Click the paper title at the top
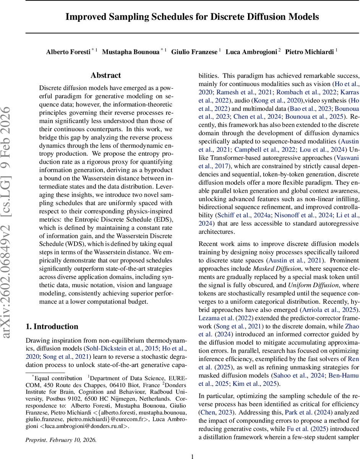[x=192, y=17]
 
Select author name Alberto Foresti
[x=68, y=52]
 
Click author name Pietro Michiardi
[x=310, y=52]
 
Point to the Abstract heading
[x=105, y=75]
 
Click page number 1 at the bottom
[x=192, y=456]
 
